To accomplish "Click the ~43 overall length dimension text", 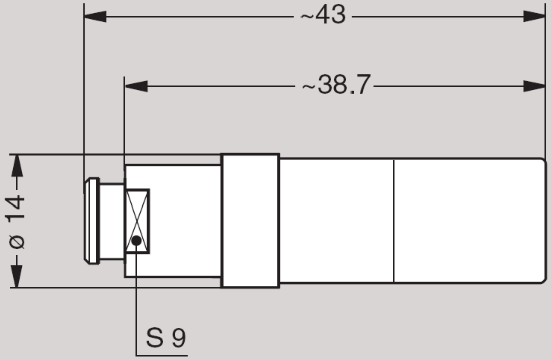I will click(324, 16).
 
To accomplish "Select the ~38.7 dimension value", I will click(336, 86).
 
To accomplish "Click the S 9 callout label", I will click(166, 338).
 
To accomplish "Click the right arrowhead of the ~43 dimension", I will click(534, 16).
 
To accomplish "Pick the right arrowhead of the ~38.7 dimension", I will click(534, 86).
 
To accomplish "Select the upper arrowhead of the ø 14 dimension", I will click(17, 165).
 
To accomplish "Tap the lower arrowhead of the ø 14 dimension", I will click(17, 277).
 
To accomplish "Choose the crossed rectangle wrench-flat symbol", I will click(137, 221).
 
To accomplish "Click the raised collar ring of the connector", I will click(250, 221).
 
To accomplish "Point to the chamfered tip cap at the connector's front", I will click(91, 221).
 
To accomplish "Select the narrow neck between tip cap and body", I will click(112, 221).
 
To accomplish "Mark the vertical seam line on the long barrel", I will click(393, 221).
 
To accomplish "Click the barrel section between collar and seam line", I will click(336, 221).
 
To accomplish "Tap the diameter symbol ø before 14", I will click(17, 243).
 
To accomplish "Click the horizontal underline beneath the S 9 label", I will click(162, 355).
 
